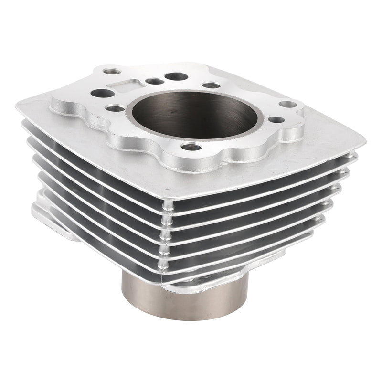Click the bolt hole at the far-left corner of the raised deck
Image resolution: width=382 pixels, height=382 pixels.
tap(112, 72)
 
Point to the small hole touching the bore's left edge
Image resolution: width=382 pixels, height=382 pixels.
tap(115, 108)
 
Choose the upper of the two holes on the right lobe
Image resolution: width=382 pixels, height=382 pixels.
tap(287, 104)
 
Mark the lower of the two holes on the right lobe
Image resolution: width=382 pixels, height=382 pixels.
tap(276, 119)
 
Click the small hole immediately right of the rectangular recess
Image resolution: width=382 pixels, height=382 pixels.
tap(154, 81)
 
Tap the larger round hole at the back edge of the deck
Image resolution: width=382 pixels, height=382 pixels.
tap(177, 76)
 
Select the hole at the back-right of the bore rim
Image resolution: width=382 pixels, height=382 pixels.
tap(211, 85)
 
